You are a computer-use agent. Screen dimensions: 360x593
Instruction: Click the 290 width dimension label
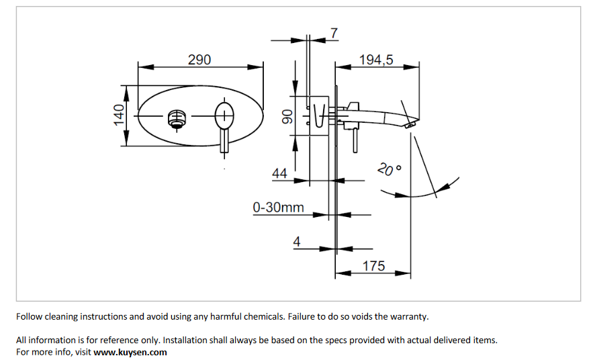pos(199,60)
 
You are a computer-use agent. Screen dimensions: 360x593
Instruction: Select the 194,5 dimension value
pos(377,60)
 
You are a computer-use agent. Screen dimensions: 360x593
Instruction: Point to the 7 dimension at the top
pos(334,32)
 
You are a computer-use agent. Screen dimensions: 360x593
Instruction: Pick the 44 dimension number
pos(279,174)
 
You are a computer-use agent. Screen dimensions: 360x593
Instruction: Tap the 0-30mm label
pos(278,208)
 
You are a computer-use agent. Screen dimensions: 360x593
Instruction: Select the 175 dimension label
pos(374,266)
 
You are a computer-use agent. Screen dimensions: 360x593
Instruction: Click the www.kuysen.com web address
pos(130,352)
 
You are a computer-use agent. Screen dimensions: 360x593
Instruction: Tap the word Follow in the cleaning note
pos(30,316)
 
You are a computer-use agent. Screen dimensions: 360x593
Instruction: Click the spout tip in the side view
pos(409,123)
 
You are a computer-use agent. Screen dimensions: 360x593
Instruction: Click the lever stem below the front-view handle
pos(224,143)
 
